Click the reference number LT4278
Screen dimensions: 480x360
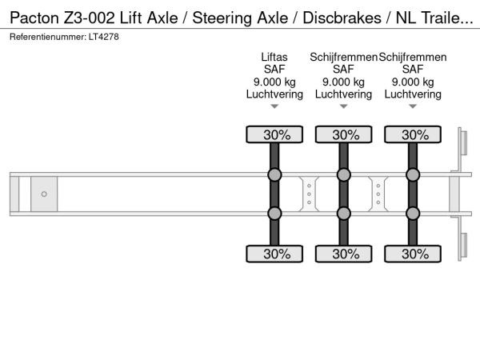pyautogui.click(x=104, y=37)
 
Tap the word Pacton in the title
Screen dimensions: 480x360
pyautogui.click(x=34, y=18)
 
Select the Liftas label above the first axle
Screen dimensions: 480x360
pyautogui.click(x=274, y=57)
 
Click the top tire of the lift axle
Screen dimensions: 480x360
pyautogui.click(x=274, y=134)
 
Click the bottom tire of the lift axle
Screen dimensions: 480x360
pyautogui.click(x=274, y=254)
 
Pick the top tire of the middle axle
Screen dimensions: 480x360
pyautogui.click(x=344, y=134)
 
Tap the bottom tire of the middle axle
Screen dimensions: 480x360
pyautogui.click(x=344, y=254)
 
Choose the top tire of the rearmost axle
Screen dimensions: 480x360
pyautogui.click(x=413, y=134)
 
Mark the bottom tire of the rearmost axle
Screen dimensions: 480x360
pyautogui.click(x=413, y=254)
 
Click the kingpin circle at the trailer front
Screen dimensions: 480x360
pyautogui.click(x=44, y=194)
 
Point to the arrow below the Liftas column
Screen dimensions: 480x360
pyautogui.click(x=274, y=106)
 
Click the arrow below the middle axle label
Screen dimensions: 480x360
pyautogui.click(x=344, y=106)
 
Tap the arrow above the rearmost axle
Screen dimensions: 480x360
pyautogui.click(x=413, y=106)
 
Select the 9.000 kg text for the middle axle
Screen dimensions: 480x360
pyautogui.click(x=343, y=82)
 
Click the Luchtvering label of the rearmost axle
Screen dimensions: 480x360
pyautogui.click(x=413, y=94)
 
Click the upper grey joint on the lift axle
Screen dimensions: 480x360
pyautogui.click(x=274, y=174)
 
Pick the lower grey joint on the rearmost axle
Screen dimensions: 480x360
pyautogui.click(x=413, y=214)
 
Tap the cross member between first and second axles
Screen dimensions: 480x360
pyautogui.click(x=309, y=194)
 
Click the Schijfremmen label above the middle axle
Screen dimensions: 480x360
pyautogui.click(x=343, y=57)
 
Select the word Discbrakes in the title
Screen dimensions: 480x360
pyautogui.click(x=342, y=18)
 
